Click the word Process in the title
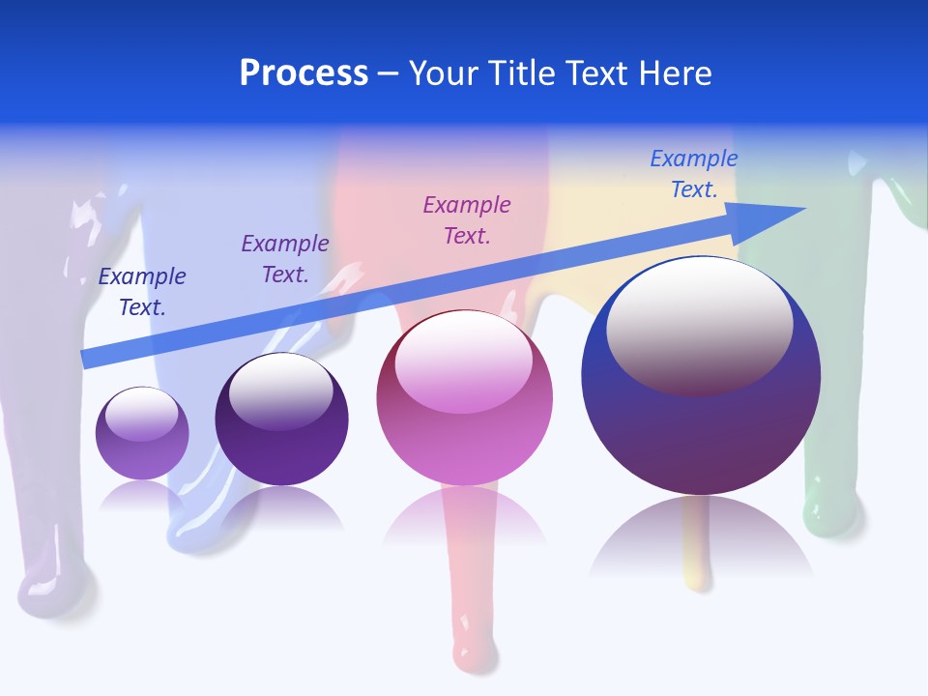click(x=304, y=73)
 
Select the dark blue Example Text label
click(x=142, y=292)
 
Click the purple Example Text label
click(x=285, y=259)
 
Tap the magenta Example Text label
click(x=467, y=219)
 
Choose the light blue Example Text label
click(x=693, y=174)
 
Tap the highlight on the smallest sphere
click(x=141, y=414)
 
